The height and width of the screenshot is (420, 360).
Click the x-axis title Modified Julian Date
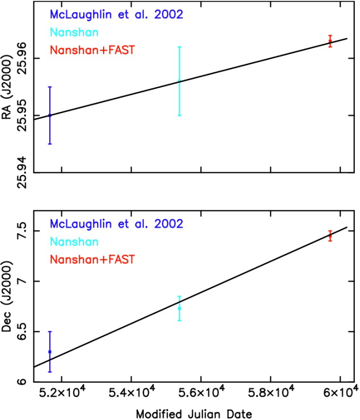click(x=194, y=413)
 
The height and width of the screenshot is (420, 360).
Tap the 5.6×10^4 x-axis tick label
click(x=201, y=393)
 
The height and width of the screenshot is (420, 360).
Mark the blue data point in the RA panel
click(x=50, y=115)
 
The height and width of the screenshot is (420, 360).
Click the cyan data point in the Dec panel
click(x=179, y=308)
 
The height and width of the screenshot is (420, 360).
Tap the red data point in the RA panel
click(x=330, y=41)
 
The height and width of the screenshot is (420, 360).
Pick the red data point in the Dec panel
click(x=330, y=236)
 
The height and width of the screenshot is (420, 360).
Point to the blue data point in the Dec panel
click(x=50, y=351)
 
